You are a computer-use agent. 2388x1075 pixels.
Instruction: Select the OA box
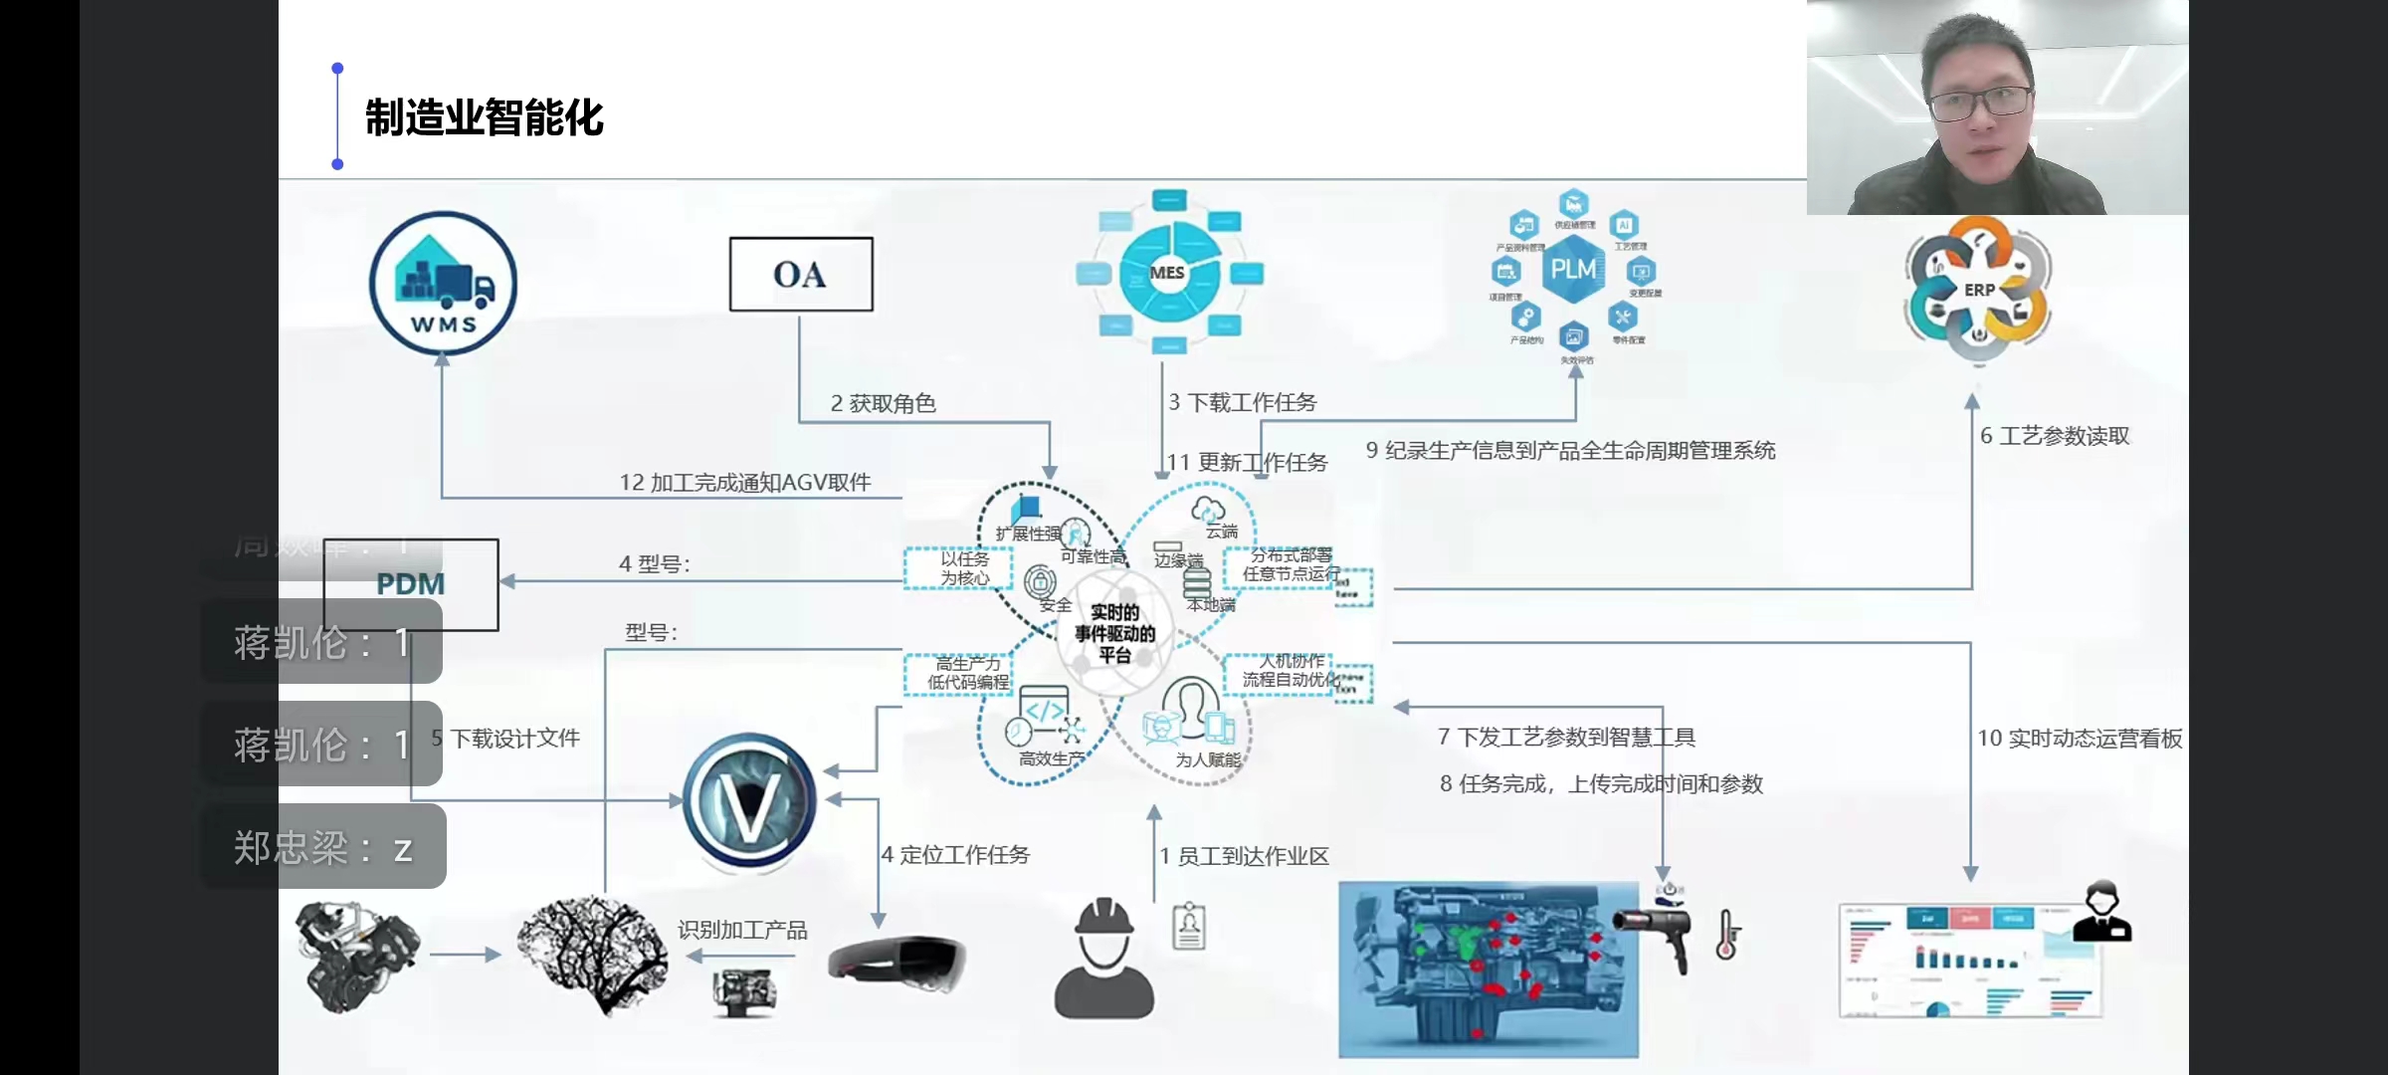(801, 274)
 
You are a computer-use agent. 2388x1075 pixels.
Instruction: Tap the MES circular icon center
(1167, 272)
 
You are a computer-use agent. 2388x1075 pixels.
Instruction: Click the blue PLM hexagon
(1572, 269)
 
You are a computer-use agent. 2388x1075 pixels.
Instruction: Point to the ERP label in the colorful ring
(1979, 290)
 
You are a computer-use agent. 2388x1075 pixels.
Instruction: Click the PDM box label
(410, 584)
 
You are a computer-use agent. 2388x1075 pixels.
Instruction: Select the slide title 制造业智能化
(484, 117)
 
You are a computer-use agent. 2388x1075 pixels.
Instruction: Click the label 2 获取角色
(883, 403)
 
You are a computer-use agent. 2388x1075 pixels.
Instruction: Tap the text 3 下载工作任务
(1242, 402)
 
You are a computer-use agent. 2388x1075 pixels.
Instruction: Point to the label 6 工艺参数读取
(2054, 436)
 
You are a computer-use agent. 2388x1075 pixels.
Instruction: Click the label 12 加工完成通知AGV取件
(744, 483)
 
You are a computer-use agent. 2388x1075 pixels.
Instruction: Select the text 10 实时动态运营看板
(2079, 738)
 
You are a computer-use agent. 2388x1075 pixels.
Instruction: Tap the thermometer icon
(1727, 935)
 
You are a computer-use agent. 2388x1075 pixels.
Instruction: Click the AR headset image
(896, 964)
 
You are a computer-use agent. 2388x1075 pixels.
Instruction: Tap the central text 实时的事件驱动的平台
(1114, 633)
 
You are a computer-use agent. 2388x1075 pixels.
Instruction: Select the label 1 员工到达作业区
(1244, 856)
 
